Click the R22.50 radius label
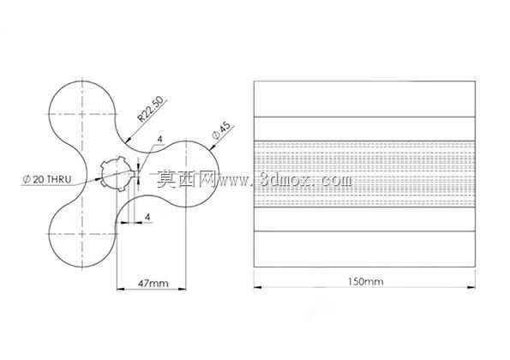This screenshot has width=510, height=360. pos(150,109)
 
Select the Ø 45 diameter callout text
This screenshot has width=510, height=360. pos(221,131)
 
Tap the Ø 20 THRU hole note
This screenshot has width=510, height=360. pos(47,179)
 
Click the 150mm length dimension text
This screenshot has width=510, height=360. pos(366,281)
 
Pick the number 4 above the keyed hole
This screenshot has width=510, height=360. pos(159,139)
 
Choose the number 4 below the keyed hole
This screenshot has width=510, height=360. pos(147,217)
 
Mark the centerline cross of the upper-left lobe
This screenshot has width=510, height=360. pos(82,114)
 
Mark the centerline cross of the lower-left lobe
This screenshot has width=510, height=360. pos(82,234)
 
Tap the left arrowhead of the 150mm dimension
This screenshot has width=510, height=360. pos(258,287)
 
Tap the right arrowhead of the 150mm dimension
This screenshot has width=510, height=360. pos(471,287)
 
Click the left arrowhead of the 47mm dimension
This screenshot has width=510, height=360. pos(121,289)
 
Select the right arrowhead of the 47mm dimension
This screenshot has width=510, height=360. pos(182,289)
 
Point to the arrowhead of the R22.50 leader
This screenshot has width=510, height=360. pos(128,141)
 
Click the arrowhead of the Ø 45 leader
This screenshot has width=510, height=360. pos(213,148)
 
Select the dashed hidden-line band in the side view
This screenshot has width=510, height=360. pos(364,174)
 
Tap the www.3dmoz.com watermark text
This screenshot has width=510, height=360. pos(285,180)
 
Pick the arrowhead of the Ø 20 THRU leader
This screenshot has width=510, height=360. pos(99,178)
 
